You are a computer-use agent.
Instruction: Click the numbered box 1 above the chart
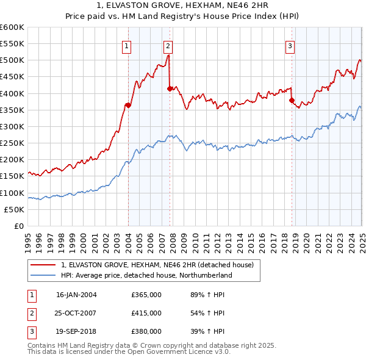tap(126, 45)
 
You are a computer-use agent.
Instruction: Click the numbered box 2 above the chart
tap(168, 45)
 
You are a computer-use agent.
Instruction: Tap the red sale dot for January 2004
tap(128, 105)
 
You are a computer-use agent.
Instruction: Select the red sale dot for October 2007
tap(170, 88)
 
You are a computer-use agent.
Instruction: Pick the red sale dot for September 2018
tap(292, 100)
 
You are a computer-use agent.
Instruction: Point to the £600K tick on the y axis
tap(12, 27)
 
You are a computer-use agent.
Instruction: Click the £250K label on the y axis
tap(12, 143)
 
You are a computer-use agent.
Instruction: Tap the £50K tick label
tap(15, 209)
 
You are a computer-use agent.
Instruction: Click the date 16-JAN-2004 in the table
tap(76, 295)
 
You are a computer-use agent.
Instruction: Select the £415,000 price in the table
tap(146, 313)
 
